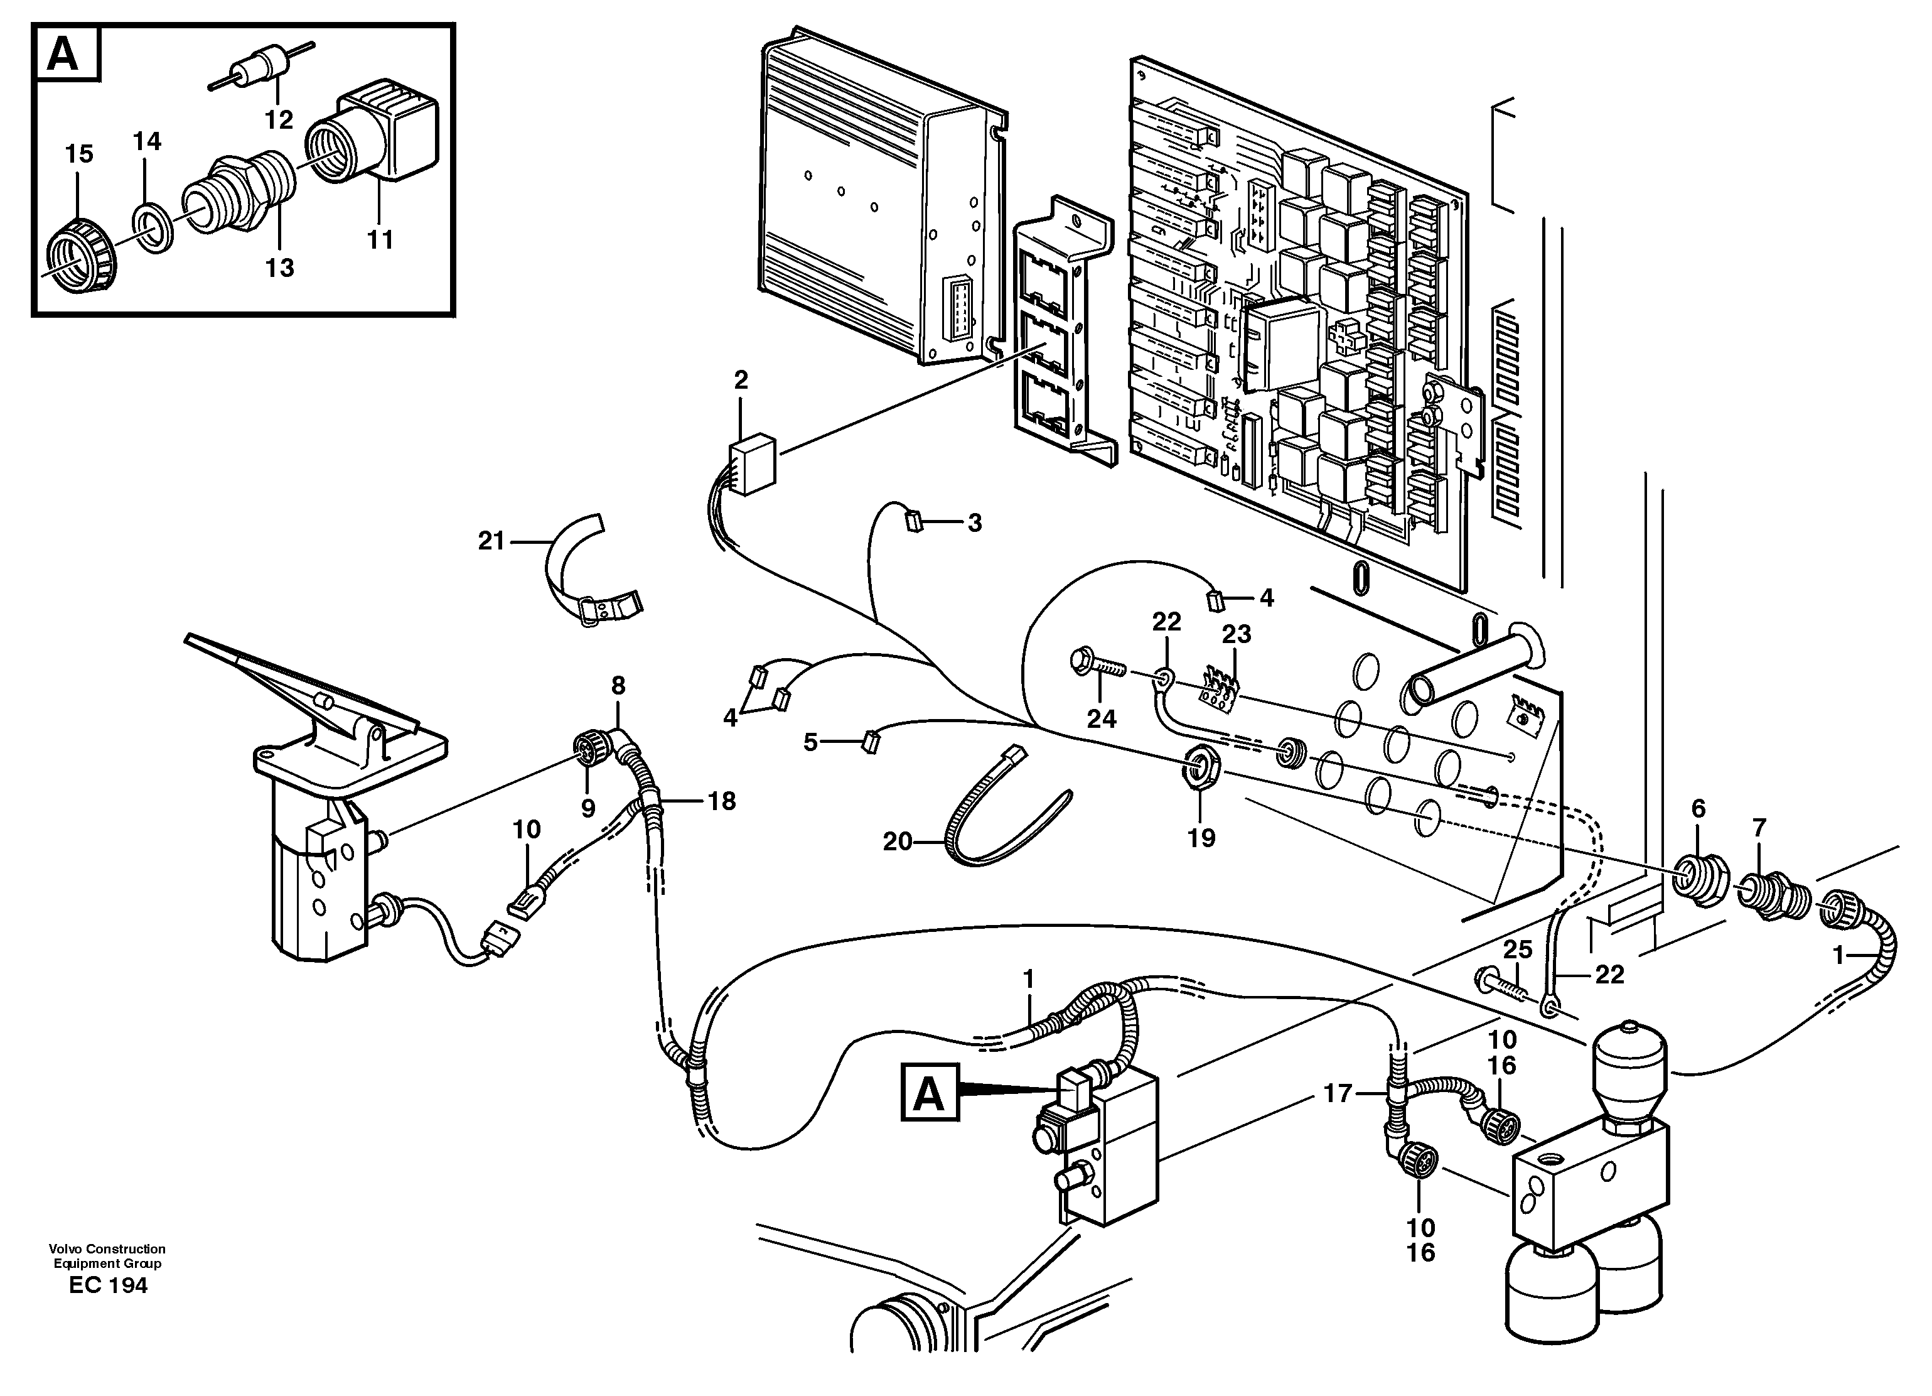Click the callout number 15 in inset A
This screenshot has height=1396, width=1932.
pos(79,154)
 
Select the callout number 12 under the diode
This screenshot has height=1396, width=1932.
pos(279,120)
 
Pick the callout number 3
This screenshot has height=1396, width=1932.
pos(975,522)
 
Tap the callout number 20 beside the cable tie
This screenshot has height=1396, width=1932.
pos(897,842)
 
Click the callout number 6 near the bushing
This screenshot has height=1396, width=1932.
pos(1699,809)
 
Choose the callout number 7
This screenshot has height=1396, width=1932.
pos(1759,828)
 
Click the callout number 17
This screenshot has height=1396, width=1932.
pos(1338,1093)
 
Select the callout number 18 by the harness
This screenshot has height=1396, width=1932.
pos(722,801)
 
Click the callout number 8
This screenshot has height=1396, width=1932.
pos(618,685)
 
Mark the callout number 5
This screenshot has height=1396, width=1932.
pos(810,742)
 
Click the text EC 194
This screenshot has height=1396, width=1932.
pos(108,1285)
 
